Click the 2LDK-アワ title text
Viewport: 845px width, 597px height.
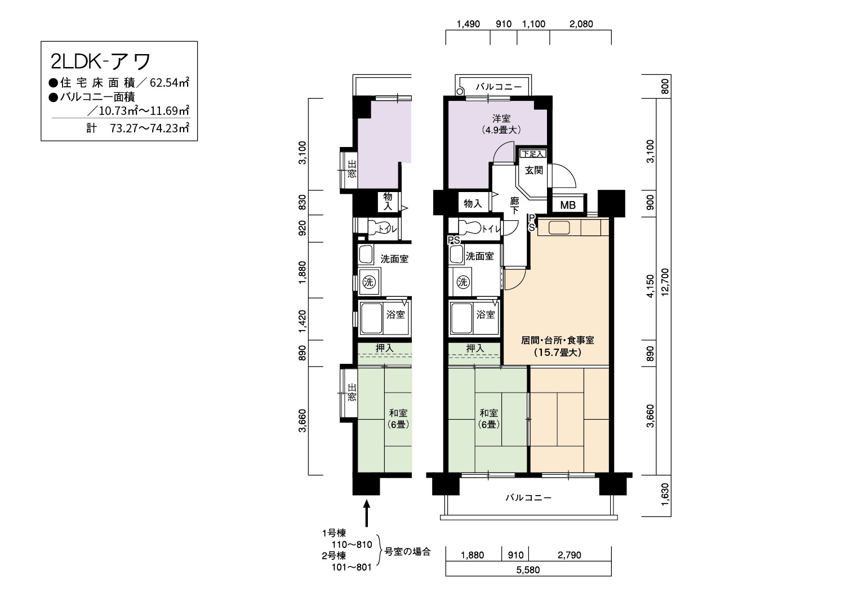click(x=101, y=61)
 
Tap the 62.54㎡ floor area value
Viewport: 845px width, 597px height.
click(x=170, y=82)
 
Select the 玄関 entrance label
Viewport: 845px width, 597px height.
click(x=534, y=171)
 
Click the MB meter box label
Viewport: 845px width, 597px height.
click(x=568, y=205)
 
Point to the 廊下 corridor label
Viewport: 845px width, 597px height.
click(x=514, y=206)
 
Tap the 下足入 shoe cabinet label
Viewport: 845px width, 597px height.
click(x=533, y=154)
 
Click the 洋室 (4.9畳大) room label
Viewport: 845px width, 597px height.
click(x=501, y=124)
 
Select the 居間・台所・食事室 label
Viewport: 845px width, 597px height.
click(x=558, y=340)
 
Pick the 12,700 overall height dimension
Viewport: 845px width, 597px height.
click(x=665, y=282)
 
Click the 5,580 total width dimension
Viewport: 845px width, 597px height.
click(x=528, y=570)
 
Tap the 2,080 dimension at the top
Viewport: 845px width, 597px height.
click(x=581, y=24)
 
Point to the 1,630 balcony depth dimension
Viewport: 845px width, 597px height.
click(x=665, y=495)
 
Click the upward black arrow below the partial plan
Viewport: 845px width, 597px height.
click(x=366, y=513)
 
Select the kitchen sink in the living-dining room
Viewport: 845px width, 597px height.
click(x=559, y=228)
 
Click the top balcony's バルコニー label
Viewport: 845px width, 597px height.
click(x=499, y=87)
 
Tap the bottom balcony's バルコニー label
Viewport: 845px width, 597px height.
click(x=528, y=498)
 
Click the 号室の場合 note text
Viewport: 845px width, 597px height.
click(x=407, y=552)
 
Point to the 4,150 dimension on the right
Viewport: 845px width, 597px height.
click(x=650, y=286)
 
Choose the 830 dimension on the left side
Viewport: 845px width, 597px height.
click(x=302, y=203)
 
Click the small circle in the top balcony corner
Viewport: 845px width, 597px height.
click(x=460, y=91)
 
